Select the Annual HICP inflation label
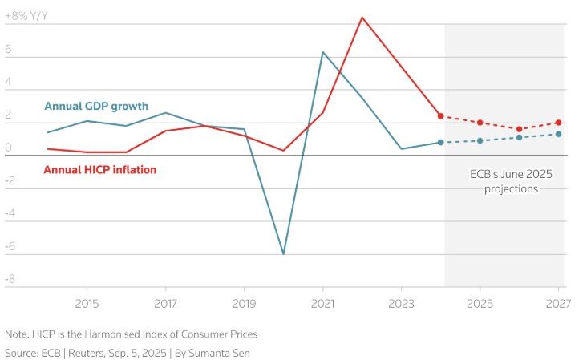(x=99, y=170)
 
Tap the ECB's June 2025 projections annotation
(x=511, y=181)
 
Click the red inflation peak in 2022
(x=362, y=18)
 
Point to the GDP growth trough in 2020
(x=283, y=253)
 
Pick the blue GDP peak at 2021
(x=322, y=52)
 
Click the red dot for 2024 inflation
(x=440, y=115)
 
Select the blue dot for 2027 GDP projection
(x=558, y=134)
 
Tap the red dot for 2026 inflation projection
(x=519, y=129)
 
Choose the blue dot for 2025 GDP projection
(x=480, y=140)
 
